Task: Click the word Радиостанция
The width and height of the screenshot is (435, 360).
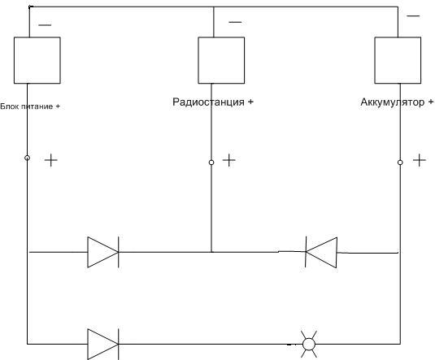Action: coord(208,102)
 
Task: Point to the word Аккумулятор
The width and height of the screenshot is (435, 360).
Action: coord(392,102)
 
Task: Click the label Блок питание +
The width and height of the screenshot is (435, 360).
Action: coord(30,106)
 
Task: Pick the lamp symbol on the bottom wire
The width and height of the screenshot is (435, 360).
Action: coord(309,345)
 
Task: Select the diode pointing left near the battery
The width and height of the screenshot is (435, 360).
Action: coord(321,252)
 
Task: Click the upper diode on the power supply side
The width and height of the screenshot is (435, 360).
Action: coord(103,252)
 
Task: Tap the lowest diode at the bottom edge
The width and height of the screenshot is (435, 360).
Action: coord(103,345)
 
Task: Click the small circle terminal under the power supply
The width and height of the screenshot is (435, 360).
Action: coord(27,158)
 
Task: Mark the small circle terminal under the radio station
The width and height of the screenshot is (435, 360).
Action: coord(211,163)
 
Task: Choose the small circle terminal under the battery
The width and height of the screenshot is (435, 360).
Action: coord(400,163)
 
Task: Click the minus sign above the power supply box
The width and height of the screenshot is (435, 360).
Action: coord(45,25)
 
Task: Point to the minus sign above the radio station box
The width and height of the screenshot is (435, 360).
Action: coord(235,22)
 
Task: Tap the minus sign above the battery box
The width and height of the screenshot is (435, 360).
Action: coord(413,16)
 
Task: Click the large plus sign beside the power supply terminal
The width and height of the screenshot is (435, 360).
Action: coord(51,160)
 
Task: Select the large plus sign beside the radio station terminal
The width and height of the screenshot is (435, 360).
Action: coord(228,160)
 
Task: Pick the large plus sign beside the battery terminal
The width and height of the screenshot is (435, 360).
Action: coord(420,160)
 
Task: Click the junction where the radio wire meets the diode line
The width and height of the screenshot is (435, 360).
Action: coord(211,252)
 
